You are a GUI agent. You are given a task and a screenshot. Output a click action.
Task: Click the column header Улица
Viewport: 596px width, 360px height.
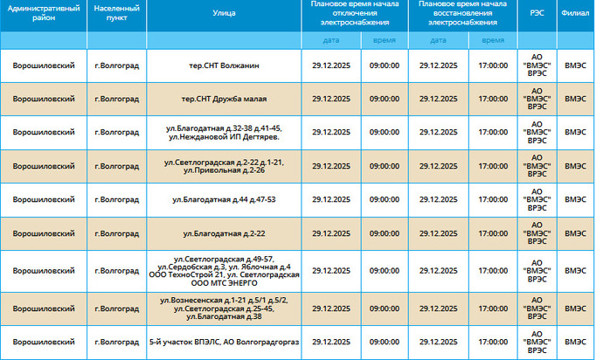(224, 15)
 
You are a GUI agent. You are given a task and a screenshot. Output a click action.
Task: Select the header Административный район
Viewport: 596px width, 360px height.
(44, 15)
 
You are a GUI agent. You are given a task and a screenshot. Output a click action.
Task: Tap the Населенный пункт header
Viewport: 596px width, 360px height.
(116, 15)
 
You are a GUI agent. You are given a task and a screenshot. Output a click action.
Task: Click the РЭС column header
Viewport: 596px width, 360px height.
(535, 15)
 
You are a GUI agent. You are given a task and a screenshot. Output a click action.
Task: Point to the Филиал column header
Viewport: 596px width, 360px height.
(576, 15)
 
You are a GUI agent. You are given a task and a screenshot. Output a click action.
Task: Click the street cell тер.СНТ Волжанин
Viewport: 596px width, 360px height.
(224, 66)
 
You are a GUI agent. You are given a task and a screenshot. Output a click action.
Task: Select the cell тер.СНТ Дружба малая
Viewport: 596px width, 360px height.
(224, 99)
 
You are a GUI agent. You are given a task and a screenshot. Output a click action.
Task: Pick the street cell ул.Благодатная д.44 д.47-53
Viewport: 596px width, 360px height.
(224, 199)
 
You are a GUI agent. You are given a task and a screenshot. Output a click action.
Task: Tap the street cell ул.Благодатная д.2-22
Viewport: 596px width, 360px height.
(224, 233)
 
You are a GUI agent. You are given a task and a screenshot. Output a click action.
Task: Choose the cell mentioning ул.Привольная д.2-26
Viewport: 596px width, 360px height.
(224, 166)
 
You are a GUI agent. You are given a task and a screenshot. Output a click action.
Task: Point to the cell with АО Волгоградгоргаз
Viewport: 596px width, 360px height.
(224, 341)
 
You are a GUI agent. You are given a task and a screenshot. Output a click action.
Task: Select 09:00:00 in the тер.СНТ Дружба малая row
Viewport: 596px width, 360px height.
(385, 99)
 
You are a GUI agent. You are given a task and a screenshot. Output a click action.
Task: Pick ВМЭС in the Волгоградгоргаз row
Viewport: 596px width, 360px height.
(576, 341)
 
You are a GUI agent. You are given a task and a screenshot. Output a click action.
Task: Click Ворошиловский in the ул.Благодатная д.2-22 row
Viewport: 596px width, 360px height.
(44, 233)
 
